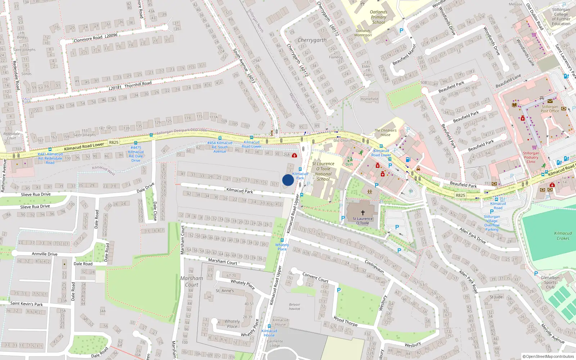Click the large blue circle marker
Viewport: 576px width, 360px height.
click(288, 180)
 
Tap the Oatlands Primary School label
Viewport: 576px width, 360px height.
click(378, 17)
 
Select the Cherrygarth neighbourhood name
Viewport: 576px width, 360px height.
click(312, 40)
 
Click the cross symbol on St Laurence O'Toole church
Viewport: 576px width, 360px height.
click(363, 213)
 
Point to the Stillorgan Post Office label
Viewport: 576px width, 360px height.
click(550, 109)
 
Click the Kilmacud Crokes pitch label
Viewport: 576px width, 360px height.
click(563, 236)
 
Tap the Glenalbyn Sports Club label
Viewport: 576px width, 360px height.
click(550, 282)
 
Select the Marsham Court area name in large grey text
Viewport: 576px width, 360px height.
click(192, 282)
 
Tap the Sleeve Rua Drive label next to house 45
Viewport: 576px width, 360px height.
click(36, 194)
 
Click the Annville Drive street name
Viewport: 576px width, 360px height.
click(45, 254)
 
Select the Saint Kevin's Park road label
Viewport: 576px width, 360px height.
click(26, 304)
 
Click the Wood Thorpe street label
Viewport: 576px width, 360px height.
click(346, 321)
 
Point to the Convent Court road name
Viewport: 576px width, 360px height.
click(315, 277)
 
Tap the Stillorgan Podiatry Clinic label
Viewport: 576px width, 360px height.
click(531, 157)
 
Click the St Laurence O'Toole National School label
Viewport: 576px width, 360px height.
click(323, 171)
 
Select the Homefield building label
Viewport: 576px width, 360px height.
click(369, 99)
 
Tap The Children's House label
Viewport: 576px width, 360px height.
click(385, 132)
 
